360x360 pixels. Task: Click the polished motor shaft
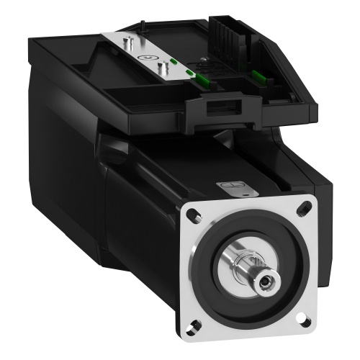248,269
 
